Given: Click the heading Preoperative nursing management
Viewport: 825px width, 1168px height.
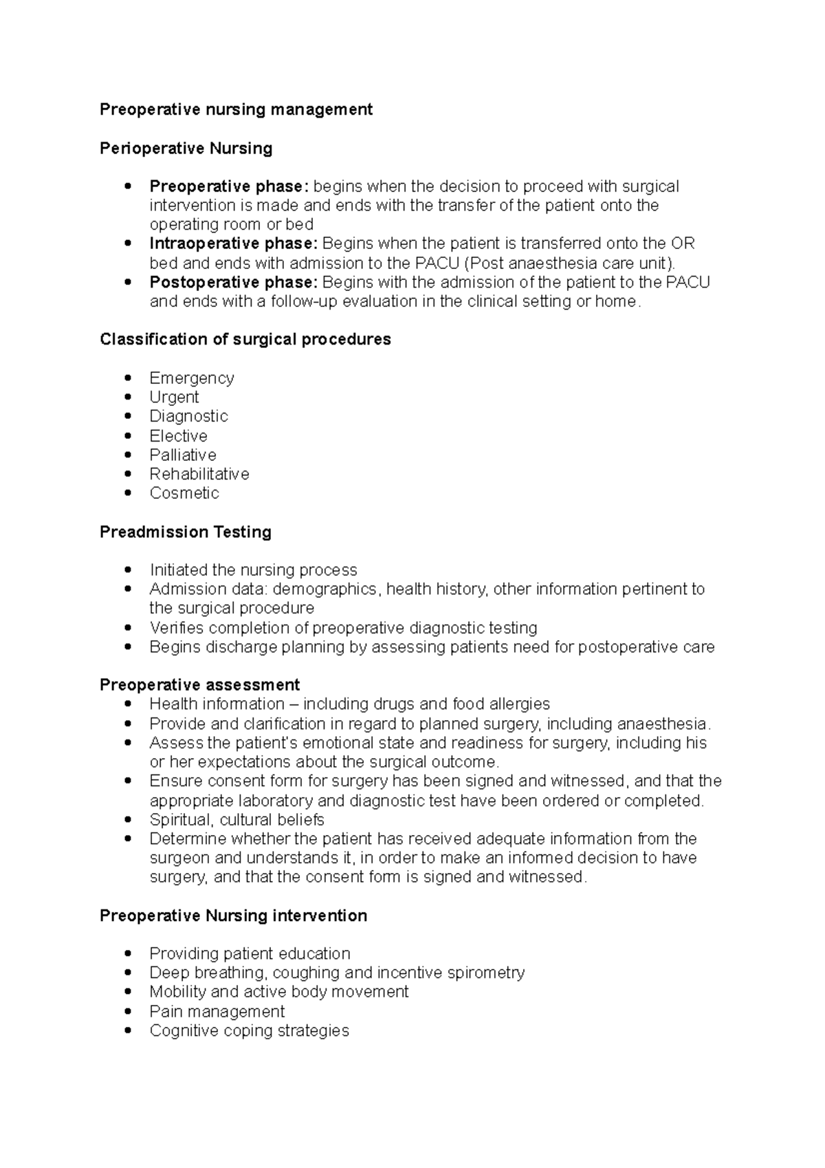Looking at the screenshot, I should click(236, 109).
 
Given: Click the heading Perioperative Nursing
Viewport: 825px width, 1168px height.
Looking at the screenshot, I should click(186, 148).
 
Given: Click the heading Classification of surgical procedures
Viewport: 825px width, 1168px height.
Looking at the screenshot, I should click(245, 339).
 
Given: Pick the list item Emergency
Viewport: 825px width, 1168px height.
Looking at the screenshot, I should click(192, 378).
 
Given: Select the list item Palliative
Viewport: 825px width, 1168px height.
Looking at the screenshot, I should click(183, 455).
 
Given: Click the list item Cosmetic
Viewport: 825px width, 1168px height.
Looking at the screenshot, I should click(184, 493).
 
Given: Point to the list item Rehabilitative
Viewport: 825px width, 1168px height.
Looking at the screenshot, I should click(199, 474).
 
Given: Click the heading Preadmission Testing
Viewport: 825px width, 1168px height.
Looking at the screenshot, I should click(185, 532).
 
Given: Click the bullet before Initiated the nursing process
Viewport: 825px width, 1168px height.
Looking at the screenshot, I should click(128, 570).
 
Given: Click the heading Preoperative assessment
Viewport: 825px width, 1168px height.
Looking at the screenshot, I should click(199, 685).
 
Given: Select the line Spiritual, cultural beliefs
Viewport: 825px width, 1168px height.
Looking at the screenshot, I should click(236, 819).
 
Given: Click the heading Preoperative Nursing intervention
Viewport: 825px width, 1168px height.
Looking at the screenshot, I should click(233, 916).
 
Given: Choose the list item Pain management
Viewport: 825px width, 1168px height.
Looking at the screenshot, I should click(217, 1011).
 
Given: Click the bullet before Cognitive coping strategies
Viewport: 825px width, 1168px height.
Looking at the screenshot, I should click(128, 1030).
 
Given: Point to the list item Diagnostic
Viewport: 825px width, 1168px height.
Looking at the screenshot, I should click(188, 416).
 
